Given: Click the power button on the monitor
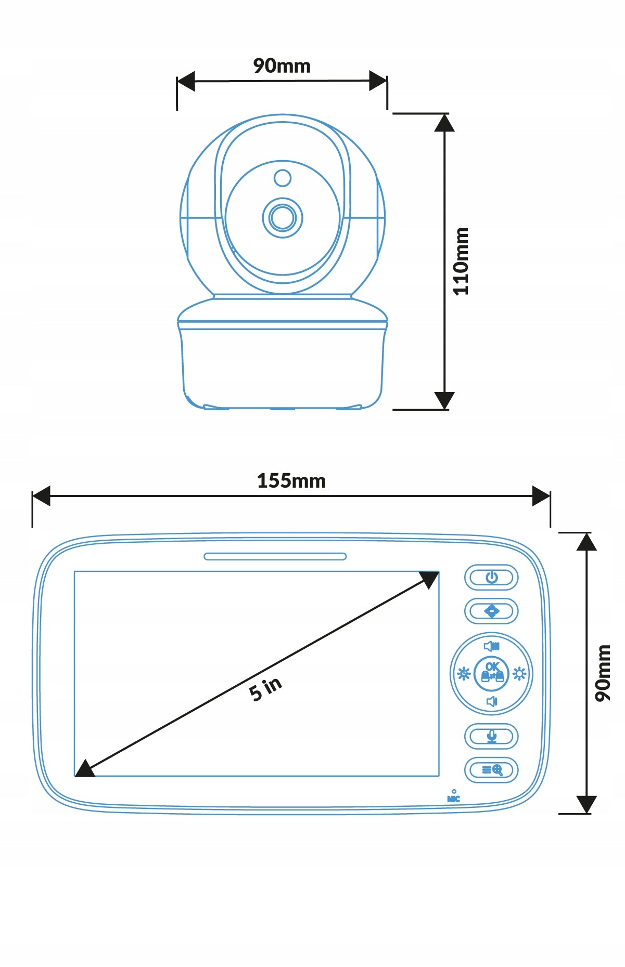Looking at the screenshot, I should (491, 578).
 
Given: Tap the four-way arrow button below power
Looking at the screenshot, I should (491, 611).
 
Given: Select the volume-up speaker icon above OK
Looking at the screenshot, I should (491, 646).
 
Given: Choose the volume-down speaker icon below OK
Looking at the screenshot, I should (491, 702).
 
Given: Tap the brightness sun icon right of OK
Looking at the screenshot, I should (519, 674).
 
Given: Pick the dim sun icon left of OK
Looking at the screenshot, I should (463, 674).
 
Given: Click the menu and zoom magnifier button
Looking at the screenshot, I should (491, 770).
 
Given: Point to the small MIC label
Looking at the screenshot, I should (454, 799).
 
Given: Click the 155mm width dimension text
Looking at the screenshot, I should (291, 481).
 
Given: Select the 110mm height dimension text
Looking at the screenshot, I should (461, 262).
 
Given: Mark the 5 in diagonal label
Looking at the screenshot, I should (265, 689).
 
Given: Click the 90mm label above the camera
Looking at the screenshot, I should (282, 66).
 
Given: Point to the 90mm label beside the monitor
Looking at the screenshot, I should (603, 673).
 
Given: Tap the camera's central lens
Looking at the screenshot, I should (283, 217).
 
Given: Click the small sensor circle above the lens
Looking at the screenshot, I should (283, 178).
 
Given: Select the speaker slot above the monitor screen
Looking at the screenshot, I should (275, 556).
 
